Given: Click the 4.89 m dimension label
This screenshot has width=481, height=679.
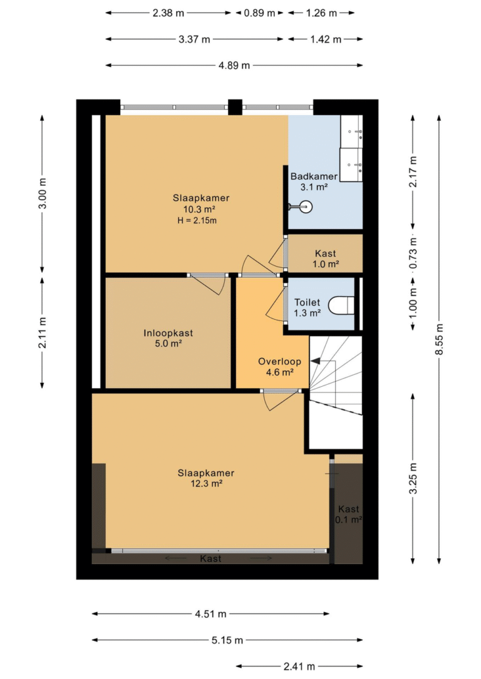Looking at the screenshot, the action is pyautogui.click(x=234, y=65).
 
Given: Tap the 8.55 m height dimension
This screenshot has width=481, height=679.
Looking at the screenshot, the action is pyautogui.click(x=440, y=339).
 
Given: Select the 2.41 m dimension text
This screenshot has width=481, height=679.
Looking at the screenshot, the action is pyautogui.click(x=299, y=666).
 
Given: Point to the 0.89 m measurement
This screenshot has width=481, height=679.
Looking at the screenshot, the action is pyautogui.click(x=259, y=13).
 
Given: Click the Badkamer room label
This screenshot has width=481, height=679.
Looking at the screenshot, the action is pyautogui.click(x=314, y=176).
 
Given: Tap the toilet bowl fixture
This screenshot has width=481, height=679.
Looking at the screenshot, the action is pyautogui.click(x=341, y=305).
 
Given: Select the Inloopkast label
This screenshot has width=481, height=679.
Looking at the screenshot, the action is pyautogui.click(x=168, y=333).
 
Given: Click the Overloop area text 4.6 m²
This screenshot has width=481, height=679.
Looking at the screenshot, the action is pyautogui.click(x=279, y=372).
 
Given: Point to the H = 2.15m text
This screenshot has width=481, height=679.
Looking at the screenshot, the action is pyautogui.click(x=197, y=220).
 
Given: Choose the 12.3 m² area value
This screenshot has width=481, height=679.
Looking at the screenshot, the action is pyautogui.click(x=206, y=484).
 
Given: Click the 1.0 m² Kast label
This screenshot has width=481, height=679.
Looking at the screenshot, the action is pyautogui.click(x=326, y=264).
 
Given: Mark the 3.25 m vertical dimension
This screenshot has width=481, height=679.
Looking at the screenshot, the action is pyautogui.click(x=413, y=479).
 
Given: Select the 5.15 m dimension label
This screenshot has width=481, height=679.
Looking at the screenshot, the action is pyautogui.click(x=227, y=640).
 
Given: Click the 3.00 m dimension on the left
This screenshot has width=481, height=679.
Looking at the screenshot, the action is pyautogui.click(x=43, y=193).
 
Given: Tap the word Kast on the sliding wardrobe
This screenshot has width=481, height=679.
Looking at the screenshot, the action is pyautogui.click(x=210, y=559).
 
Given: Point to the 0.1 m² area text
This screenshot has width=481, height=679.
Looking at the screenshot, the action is pyautogui.click(x=348, y=519).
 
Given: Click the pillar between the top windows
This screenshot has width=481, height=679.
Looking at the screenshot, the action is pyautogui.click(x=235, y=107).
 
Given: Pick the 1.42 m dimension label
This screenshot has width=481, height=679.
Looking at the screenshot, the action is pyautogui.click(x=326, y=39).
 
